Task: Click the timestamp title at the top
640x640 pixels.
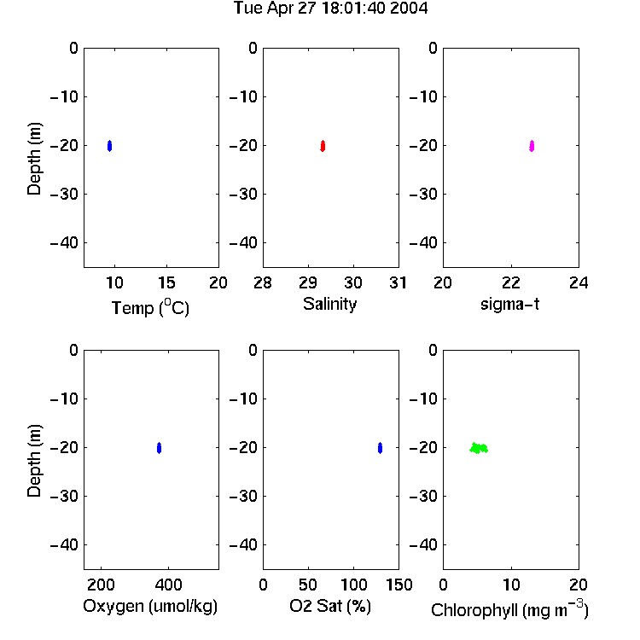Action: pyautogui.click(x=330, y=9)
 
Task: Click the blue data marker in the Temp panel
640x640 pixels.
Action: pyautogui.click(x=109, y=146)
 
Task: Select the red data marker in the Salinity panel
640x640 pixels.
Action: pyautogui.click(x=323, y=146)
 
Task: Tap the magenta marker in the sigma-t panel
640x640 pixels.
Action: pyautogui.click(x=532, y=146)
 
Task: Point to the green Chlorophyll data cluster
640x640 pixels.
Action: pyautogui.click(x=479, y=448)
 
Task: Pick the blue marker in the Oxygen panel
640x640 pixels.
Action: pyautogui.click(x=160, y=448)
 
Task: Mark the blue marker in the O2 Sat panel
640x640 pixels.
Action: pyautogui.click(x=380, y=448)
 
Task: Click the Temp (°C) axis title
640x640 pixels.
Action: pyautogui.click(x=150, y=307)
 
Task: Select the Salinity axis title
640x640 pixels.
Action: pyautogui.click(x=329, y=304)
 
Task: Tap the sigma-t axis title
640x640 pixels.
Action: pyautogui.click(x=509, y=304)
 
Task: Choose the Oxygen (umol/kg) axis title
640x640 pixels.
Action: pyautogui.click(x=150, y=606)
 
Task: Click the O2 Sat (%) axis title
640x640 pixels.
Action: pyautogui.click(x=330, y=606)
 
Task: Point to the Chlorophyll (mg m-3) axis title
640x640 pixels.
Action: pyautogui.click(x=509, y=609)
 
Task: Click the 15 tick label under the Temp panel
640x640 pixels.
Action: pyautogui.click(x=166, y=282)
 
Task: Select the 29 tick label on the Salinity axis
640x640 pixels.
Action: pyautogui.click(x=308, y=282)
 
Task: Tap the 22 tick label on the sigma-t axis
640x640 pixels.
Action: pyautogui.click(x=511, y=282)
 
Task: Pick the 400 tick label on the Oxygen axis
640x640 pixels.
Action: pyautogui.click(x=169, y=585)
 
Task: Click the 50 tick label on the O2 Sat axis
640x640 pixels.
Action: pyautogui.click(x=308, y=585)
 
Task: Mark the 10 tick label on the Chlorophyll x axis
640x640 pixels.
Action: pyautogui.click(x=511, y=585)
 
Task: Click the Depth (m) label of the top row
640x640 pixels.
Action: pyautogui.click(x=34, y=159)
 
